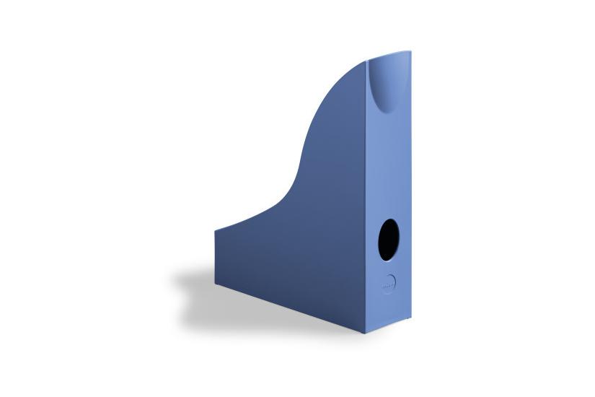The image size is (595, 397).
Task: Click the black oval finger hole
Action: click(388, 240)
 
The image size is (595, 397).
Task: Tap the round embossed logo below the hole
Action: click(388, 283)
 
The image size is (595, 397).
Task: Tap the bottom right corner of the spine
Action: click(411, 323)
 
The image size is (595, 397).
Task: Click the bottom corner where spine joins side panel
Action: click(365, 333)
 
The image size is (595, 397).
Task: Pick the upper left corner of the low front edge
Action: click(215, 231)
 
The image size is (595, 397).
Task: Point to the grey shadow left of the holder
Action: click(191, 289)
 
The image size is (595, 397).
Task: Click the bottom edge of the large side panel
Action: click(288, 307)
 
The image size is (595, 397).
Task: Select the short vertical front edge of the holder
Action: click(215, 256)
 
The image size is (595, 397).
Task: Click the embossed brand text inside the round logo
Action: click(388, 284)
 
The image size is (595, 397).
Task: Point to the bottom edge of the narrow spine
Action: click(388, 328)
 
